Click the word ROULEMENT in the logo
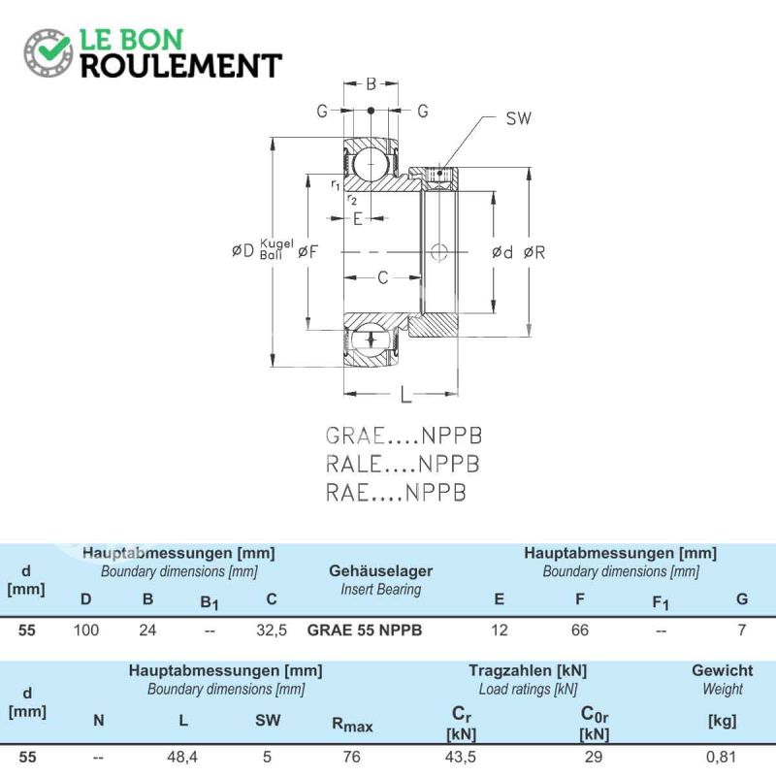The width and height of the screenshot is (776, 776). click(181, 66)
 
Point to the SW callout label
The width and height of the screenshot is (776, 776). click(518, 118)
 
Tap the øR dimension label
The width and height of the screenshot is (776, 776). click(534, 253)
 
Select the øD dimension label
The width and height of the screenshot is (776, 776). click(242, 250)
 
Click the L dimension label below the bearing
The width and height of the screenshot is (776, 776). click(405, 395)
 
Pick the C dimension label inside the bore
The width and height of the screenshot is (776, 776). click(382, 278)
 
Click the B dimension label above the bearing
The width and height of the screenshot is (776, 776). click(372, 84)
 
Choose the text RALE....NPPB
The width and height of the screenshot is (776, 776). click(403, 465)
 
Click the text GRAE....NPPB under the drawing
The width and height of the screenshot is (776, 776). click(404, 436)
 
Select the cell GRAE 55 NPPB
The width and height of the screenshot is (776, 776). click(365, 630)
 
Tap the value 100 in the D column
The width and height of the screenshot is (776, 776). click(86, 630)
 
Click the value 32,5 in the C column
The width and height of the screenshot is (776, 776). click(272, 630)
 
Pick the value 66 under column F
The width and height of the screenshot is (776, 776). click(580, 630)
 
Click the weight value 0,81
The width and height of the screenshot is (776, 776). click(721, 757)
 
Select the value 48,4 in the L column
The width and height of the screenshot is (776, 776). click(182, 757)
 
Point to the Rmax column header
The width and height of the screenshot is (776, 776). click(352, 725)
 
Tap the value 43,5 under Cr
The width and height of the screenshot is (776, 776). click(461, 757)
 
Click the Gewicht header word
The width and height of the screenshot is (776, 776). click(722, 670)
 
